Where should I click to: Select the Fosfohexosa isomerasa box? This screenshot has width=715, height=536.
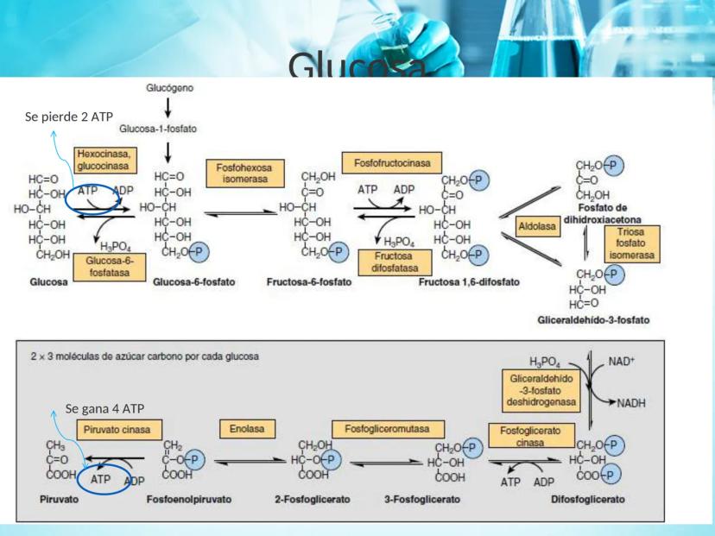[237, 173]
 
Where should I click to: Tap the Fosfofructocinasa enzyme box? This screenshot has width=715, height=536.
[391, 162]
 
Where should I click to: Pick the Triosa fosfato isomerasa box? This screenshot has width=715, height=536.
[631, 243]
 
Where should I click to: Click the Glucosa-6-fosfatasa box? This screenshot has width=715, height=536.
[108, 264]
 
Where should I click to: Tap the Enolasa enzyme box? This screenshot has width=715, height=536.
[246, 428]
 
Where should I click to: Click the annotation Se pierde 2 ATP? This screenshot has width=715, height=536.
[71, 117]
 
